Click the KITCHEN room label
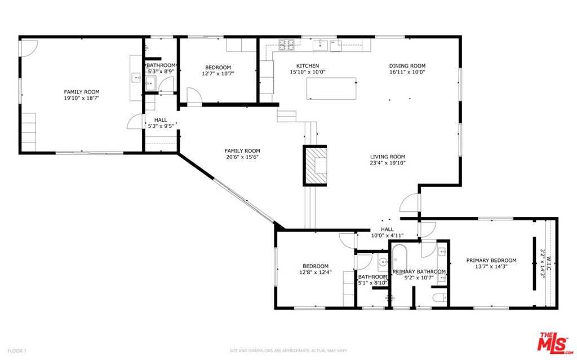(x=308, y=66)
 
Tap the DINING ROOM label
(x=407, y=66)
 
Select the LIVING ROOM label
(x=388, y=157)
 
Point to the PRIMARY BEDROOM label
(x=491, y=260)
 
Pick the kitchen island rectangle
(x=331, y=88)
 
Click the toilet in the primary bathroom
(x=441, y=297)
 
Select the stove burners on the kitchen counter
(x=286, y=45)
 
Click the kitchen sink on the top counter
(x=320, y=45)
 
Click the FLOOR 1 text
(x=17, y=351)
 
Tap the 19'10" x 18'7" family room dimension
(x=82, y=98)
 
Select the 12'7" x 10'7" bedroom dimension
(x=218, y=73)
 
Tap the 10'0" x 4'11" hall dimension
(x=388, y=235)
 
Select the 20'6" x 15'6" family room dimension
(x=242, y=157)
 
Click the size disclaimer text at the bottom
(x=288, y=350)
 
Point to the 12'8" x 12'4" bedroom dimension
(x=316, y=272)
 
